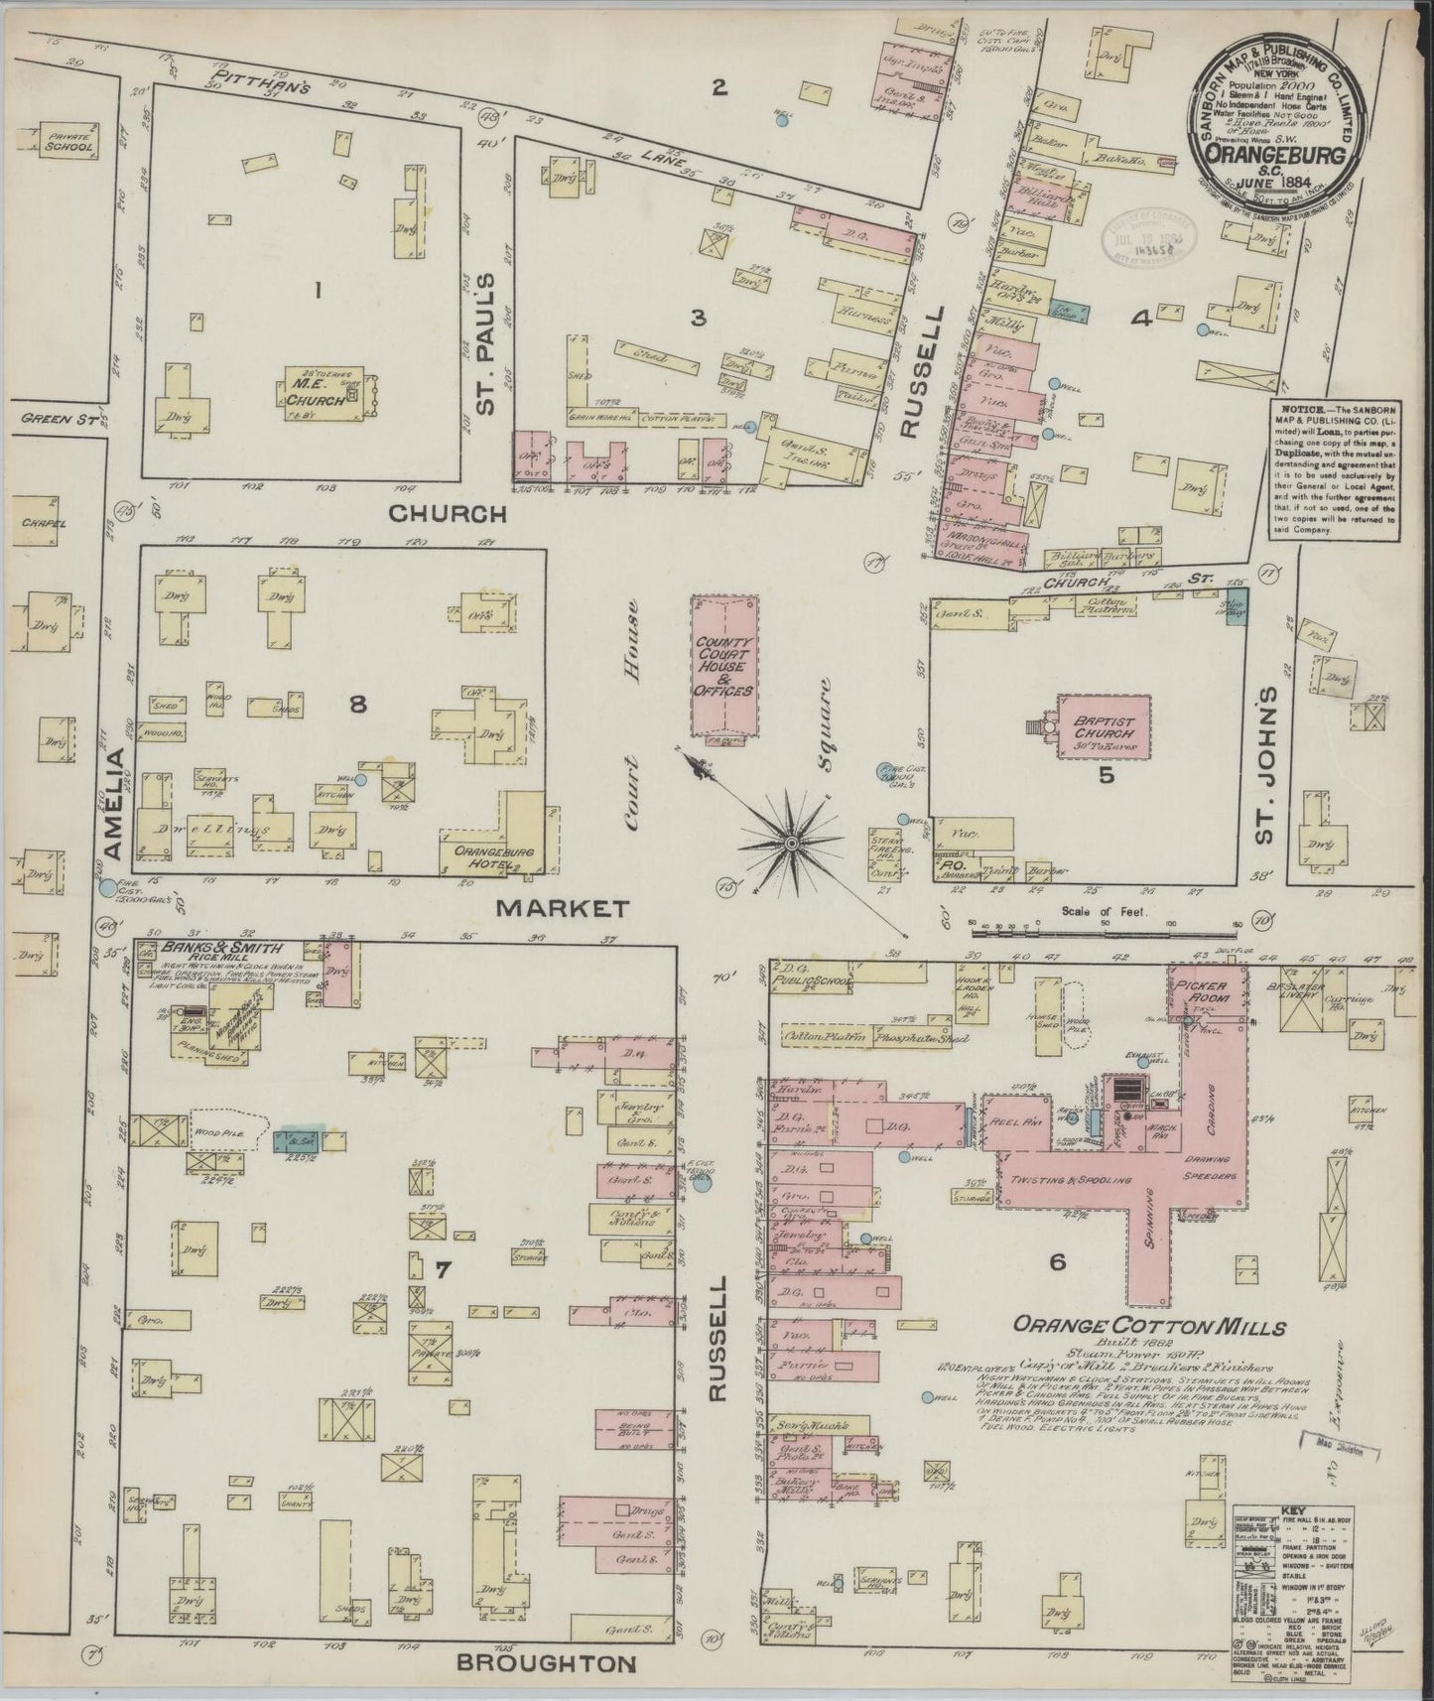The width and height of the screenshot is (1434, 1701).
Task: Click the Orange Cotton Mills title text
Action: point(1148,1327)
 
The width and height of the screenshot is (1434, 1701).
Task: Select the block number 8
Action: point(357,705)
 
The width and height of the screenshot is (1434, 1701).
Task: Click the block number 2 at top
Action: point(719,87)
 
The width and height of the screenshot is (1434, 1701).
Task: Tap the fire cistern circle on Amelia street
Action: point(107,888)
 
